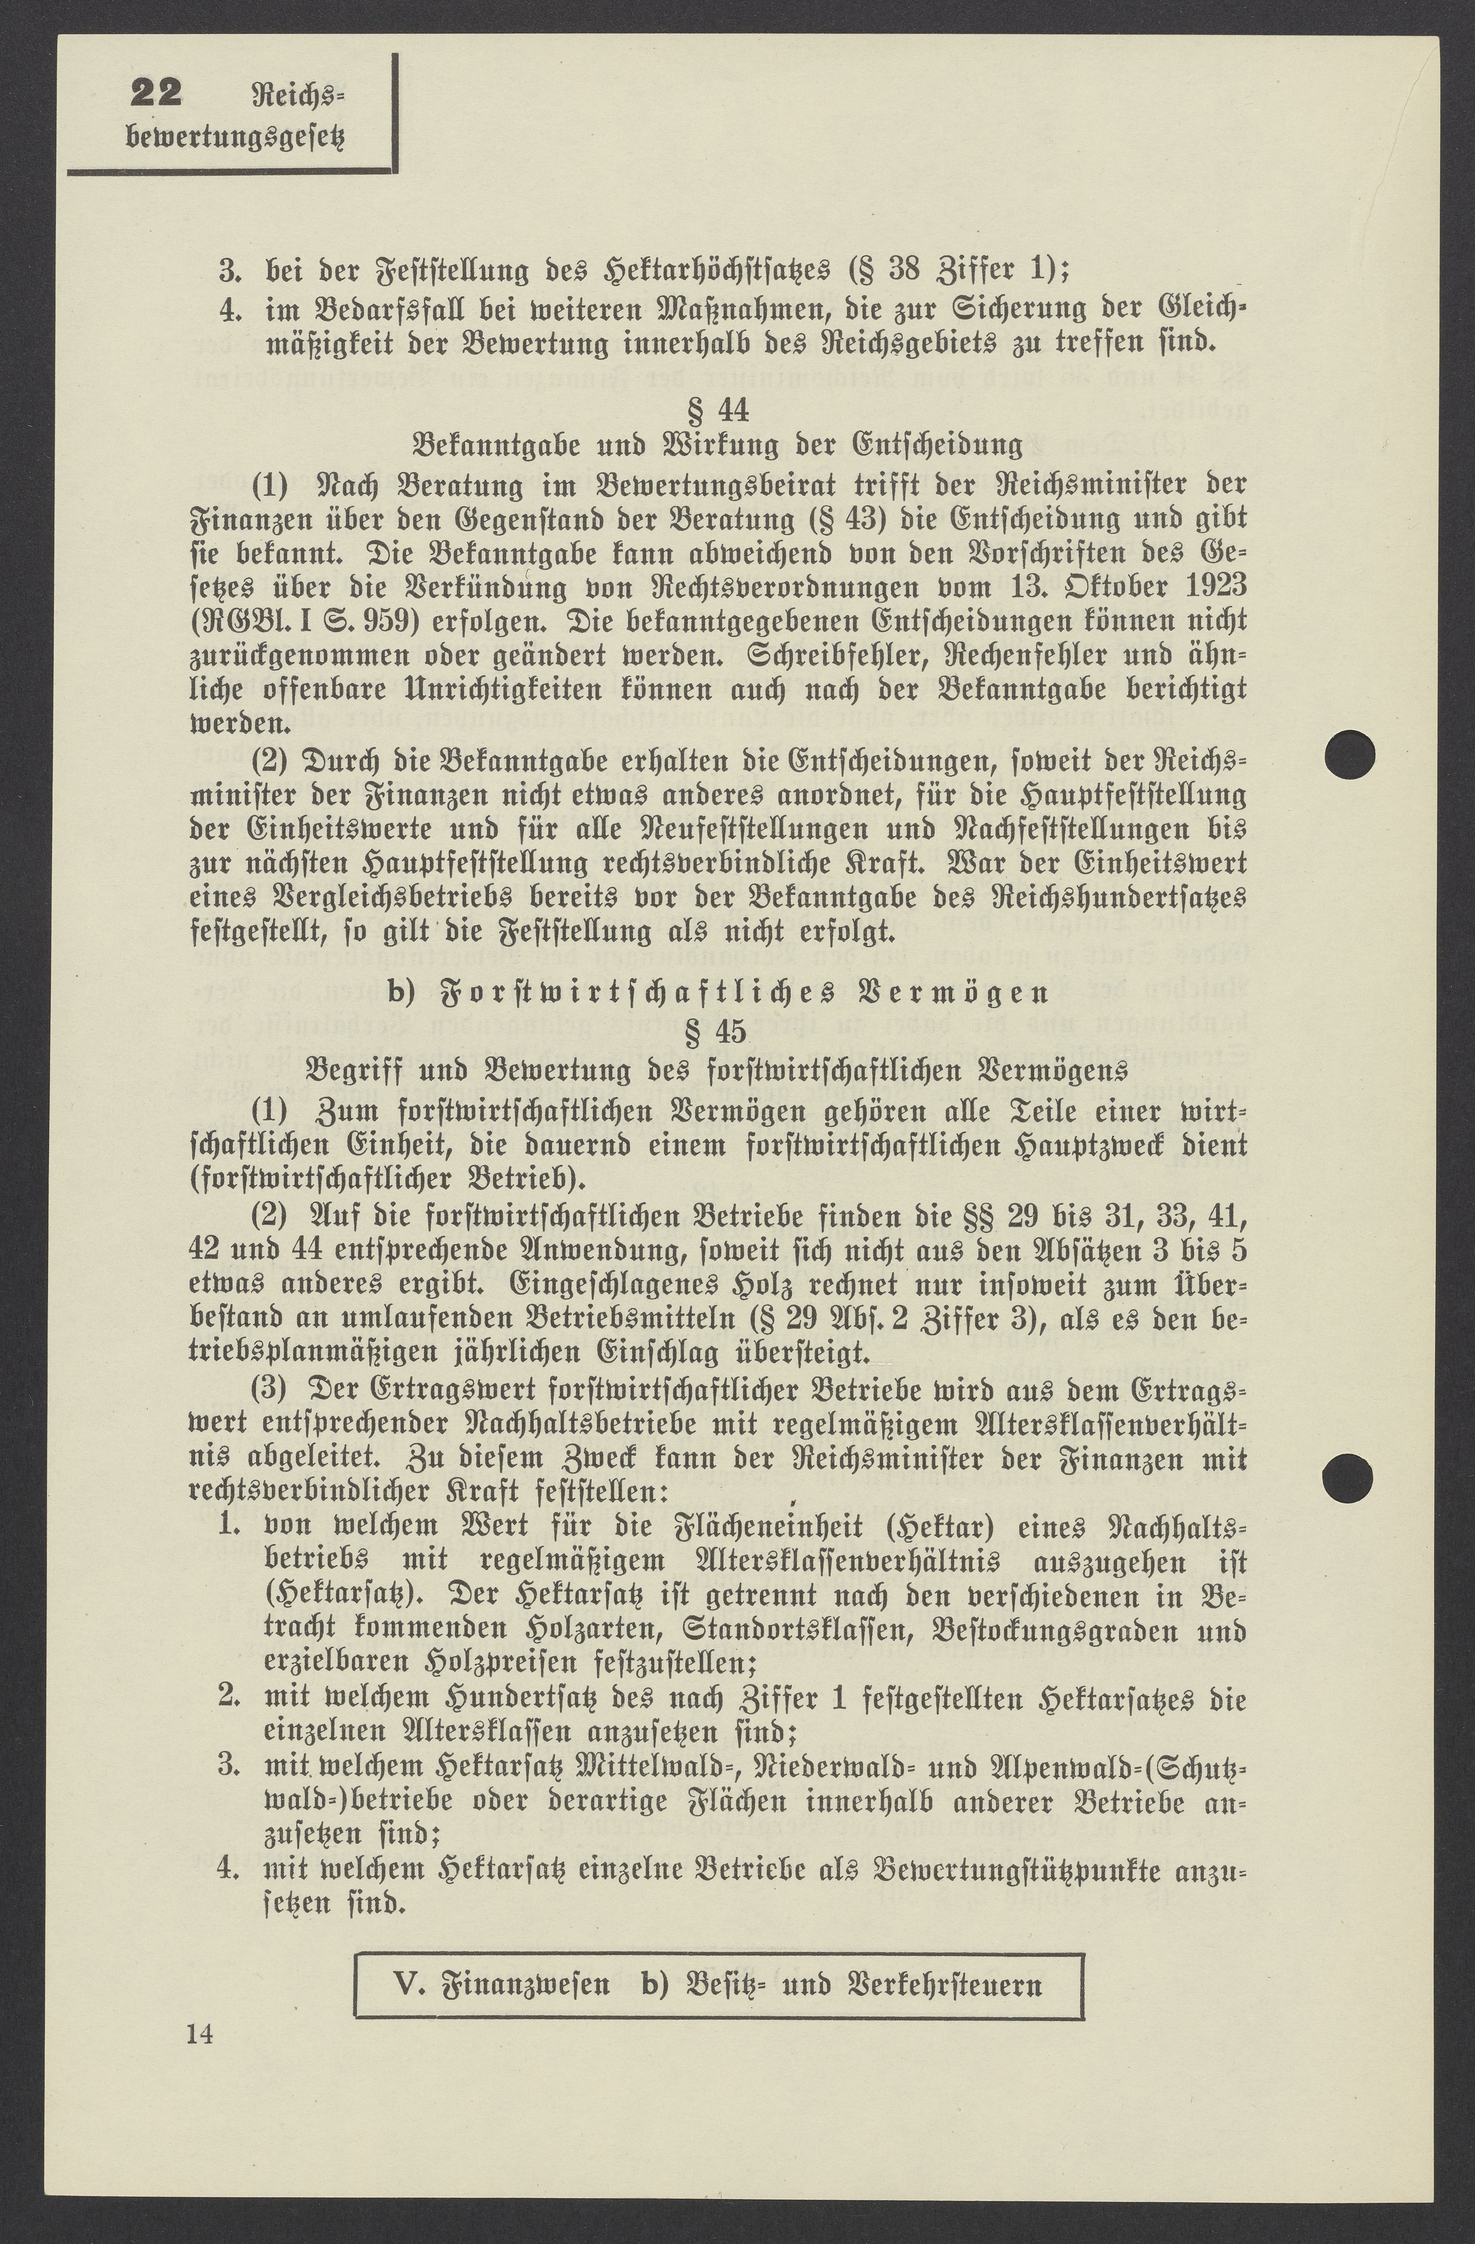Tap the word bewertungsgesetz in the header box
[236, 138]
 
